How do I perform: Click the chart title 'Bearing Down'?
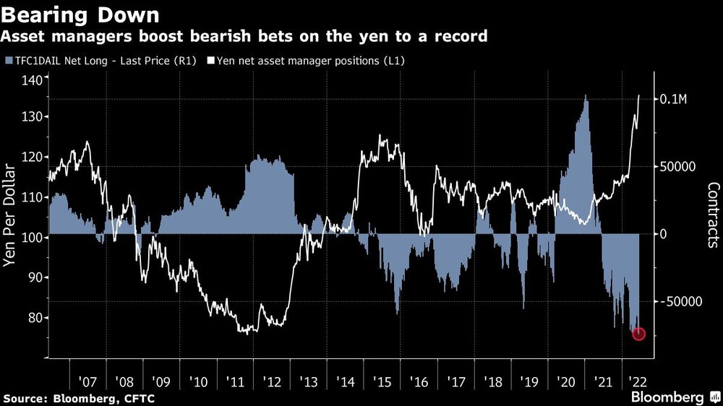tap(82, 14)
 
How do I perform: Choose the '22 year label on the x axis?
tap(636, 381)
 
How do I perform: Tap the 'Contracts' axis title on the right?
tap(713, 215)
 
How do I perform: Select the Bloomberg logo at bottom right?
tap(674, 397)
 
